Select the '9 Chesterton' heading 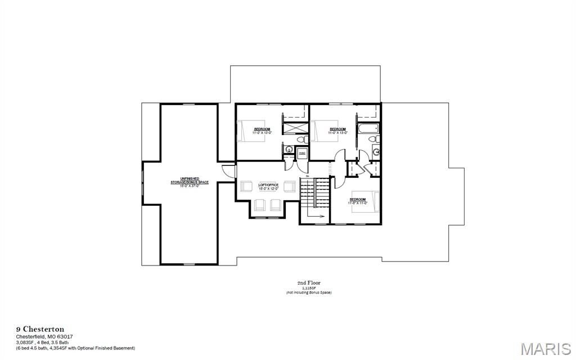[39, 329]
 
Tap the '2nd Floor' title [309, 283]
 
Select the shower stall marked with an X [292, 127]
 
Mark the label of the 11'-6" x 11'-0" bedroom [358, 201]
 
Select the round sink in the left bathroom [288, 150]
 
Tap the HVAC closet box [302, 152]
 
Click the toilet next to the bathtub [376, 139]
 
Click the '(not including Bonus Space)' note [308, 292]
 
